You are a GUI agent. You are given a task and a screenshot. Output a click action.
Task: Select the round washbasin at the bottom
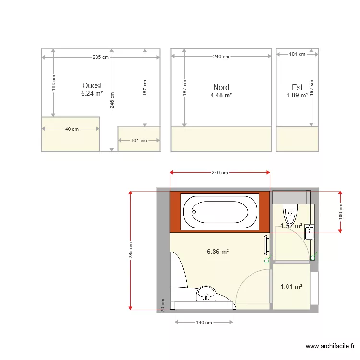pyautogui.click(x=206, y=293)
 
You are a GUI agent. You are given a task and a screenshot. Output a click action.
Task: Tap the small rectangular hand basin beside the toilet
pyautogui.click(x=310, y=232)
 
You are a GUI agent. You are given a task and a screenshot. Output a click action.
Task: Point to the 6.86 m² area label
pyautogui.click(x=217, y=251)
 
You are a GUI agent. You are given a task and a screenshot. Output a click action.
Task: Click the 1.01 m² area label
pyautogui.click(x=291, y=287)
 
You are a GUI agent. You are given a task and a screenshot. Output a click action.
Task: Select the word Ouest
pyautogui.click(x=92, y=86)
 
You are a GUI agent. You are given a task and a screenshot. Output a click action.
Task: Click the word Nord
pyautogui.click(x=221, y=87)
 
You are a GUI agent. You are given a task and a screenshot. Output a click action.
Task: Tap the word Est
pyautogui.click(x=297, y=87)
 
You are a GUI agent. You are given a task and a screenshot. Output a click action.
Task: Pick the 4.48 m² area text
pyautogui.click(x=221, y=96)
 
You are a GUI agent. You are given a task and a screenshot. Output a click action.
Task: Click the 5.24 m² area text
pyautogui.click(x=92, y=94)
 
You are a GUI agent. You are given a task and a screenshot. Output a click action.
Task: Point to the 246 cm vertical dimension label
pyautogui.click(x=112, y=100)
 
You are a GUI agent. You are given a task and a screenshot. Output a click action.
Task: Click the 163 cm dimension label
pyautogui.click(x=53, y=83)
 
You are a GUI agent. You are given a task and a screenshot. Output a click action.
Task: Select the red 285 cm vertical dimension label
pyautogui.click(x=131, y=250)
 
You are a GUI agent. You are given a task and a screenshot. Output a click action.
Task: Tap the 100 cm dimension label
pyautogui.click(x=341, y=212)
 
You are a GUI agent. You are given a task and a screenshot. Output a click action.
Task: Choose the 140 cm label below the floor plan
pyautogui.click(x=204, y=323)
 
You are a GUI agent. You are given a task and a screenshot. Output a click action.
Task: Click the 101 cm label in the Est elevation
pyautogui.click(x=297, y=54)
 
